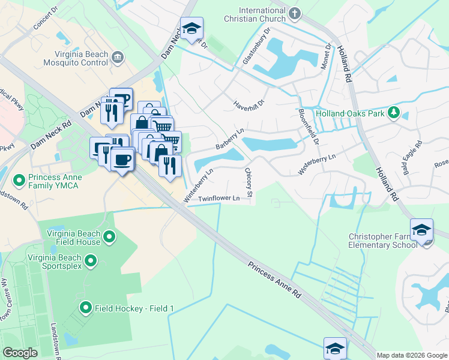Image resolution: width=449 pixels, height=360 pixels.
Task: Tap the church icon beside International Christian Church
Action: coord(294,13)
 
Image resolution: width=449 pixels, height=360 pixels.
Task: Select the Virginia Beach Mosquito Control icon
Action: coord(117,57)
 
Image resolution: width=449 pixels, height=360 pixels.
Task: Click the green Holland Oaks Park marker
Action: coord(394,113)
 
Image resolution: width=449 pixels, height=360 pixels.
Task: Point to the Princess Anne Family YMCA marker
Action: coord(19,179)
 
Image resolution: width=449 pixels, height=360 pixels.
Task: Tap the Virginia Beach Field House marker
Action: coord(109,237)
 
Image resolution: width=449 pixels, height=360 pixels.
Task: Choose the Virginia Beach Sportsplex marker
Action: coord(91,261)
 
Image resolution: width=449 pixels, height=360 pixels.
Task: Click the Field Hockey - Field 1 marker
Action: coord(85,308)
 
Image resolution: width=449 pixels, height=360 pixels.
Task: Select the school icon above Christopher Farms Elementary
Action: coord(422,230)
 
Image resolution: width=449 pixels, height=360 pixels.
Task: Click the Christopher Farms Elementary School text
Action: coord(383,241)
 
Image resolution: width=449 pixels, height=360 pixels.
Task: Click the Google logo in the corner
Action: coord(20,352)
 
